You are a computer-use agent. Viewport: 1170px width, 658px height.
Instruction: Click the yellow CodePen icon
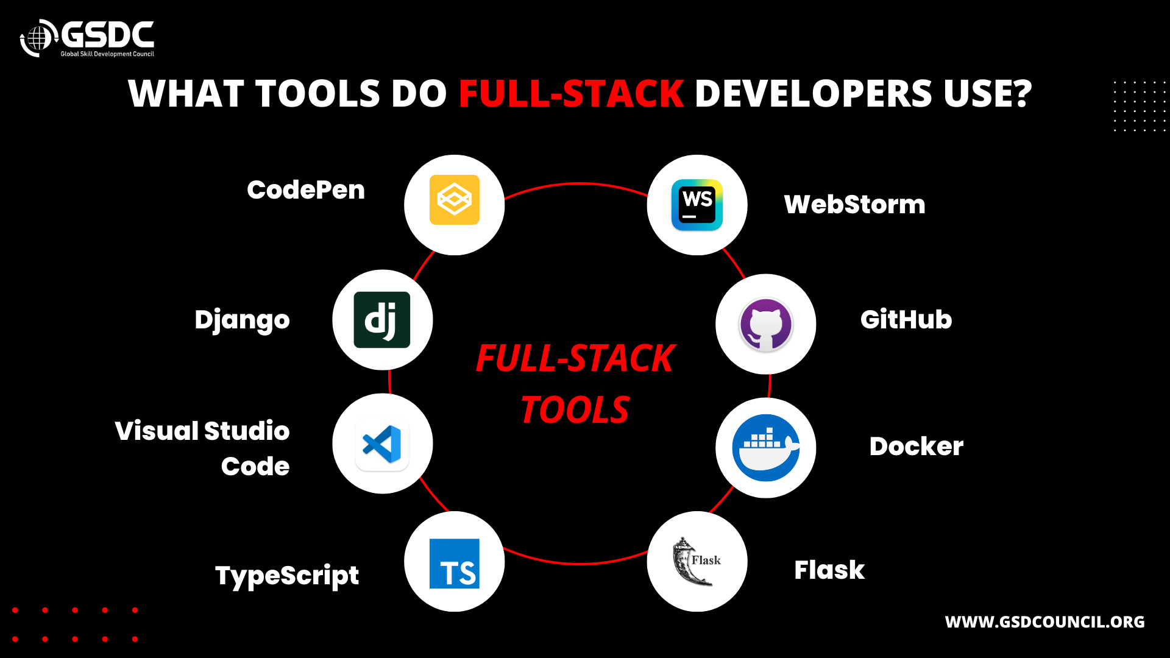454,200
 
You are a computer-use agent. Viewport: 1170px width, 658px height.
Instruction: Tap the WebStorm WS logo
697,205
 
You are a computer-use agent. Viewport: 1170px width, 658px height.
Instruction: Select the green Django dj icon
382,320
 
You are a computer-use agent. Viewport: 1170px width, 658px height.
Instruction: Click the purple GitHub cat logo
765,324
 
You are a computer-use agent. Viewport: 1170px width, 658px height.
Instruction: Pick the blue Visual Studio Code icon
382,444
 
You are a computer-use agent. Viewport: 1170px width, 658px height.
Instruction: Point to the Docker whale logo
765,448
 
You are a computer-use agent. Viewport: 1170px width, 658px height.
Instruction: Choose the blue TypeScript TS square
454,564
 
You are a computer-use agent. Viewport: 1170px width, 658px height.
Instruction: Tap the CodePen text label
306,190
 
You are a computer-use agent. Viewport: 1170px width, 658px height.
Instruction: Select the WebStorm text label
854,204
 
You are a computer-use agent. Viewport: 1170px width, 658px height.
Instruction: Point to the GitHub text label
906,319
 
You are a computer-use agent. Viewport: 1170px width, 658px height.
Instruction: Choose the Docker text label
916,447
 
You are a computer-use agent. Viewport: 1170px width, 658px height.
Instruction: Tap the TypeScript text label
287,576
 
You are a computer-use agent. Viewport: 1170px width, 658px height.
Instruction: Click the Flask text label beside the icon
829,570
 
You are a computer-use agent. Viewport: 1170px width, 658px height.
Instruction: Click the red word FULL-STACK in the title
571,94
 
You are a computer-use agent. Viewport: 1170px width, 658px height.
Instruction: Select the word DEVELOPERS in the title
813,94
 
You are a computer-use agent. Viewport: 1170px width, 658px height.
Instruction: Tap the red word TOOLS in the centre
575,409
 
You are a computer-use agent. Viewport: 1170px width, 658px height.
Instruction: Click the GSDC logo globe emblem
38,38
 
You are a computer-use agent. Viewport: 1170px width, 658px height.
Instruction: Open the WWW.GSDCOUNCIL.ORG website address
1044,622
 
